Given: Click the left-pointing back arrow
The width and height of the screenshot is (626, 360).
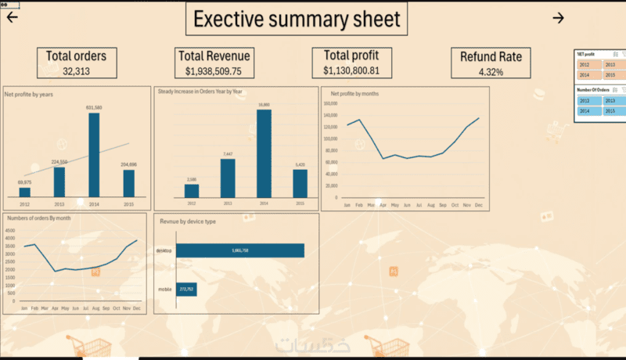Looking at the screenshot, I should point(13,18).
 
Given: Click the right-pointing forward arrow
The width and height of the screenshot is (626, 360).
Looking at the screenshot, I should point(558,18).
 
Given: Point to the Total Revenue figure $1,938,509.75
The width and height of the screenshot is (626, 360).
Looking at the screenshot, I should point(214,70).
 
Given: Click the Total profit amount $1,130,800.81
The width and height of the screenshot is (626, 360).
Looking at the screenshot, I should point(351,70).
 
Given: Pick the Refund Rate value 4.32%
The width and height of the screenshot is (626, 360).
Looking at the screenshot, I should point(491,72).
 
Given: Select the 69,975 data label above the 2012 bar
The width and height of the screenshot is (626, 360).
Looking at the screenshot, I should point(24,182).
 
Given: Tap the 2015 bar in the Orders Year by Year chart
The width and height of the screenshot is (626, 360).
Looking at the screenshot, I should point(300,183).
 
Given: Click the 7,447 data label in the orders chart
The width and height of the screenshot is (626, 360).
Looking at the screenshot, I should point(228,154).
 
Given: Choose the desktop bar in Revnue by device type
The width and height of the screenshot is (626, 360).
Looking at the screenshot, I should point(240,250).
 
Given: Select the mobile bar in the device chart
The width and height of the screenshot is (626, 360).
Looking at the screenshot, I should point(185,289).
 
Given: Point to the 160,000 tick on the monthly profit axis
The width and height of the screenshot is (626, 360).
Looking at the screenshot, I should point(329,103).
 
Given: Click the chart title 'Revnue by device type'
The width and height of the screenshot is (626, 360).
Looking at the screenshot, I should point(188,221).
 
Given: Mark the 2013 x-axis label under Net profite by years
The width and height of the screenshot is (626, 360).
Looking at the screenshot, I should point(59,203).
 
